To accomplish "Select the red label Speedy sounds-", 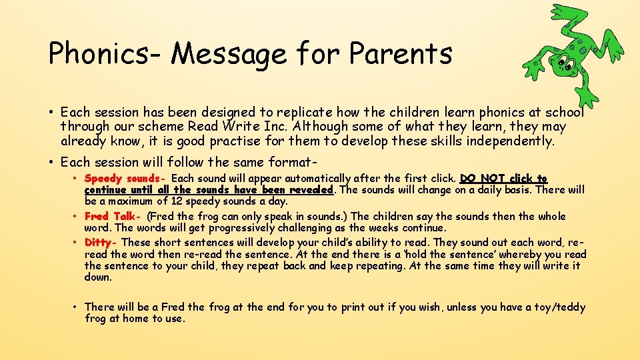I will tap(125, 179).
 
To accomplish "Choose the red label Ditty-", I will tap(101, 243).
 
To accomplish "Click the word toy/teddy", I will tap(559, 307).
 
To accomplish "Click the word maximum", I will tap(131, 201).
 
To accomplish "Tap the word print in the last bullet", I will tap(353, 307).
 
